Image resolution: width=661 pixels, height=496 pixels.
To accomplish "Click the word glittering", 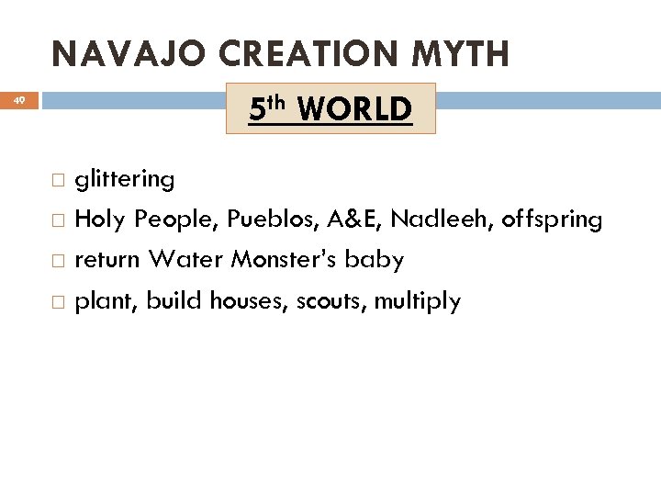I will coord(125,180).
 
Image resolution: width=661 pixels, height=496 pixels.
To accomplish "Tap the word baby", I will coord(378,261).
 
